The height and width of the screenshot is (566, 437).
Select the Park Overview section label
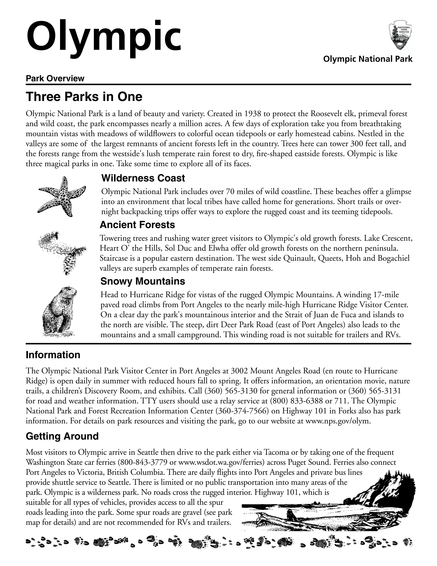[x=55, y=79]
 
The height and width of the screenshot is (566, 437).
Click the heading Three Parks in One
[x=84, y=97]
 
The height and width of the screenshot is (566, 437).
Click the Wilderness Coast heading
[x=143, y=178]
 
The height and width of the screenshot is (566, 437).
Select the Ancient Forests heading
[x=137, y=225]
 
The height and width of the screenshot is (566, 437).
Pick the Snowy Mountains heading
[x=143, y=281]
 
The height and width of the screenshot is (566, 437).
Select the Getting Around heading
[x=62, y=436]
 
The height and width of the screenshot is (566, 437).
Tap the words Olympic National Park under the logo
[x=368, y=59]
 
